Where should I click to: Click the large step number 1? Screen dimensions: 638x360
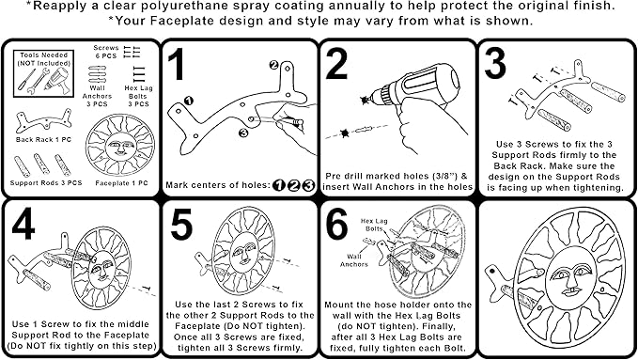[177, 64]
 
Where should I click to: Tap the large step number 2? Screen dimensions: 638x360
[337, 64]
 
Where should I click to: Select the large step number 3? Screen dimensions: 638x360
[495, 64]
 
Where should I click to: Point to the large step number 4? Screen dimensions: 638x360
[23, 224]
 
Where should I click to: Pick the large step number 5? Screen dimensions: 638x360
[181, 224]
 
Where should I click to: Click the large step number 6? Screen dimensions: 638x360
[337, 224]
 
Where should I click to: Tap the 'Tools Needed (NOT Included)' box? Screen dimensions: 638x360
[43, 73]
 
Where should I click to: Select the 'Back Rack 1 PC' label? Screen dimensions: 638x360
[43, 140]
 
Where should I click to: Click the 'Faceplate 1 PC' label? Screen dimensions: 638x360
[121, 183]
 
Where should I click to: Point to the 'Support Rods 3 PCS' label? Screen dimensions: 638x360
[46, 183]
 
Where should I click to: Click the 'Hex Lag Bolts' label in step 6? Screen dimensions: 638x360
[374, 225]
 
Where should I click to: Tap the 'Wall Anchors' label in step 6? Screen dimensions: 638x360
[354, 260]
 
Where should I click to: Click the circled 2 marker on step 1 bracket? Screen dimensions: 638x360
[273, 65]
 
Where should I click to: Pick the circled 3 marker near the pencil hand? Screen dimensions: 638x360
[243, 133]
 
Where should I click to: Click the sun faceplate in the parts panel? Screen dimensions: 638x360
[120, 146]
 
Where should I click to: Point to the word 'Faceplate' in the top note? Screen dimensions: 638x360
[181, 21]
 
